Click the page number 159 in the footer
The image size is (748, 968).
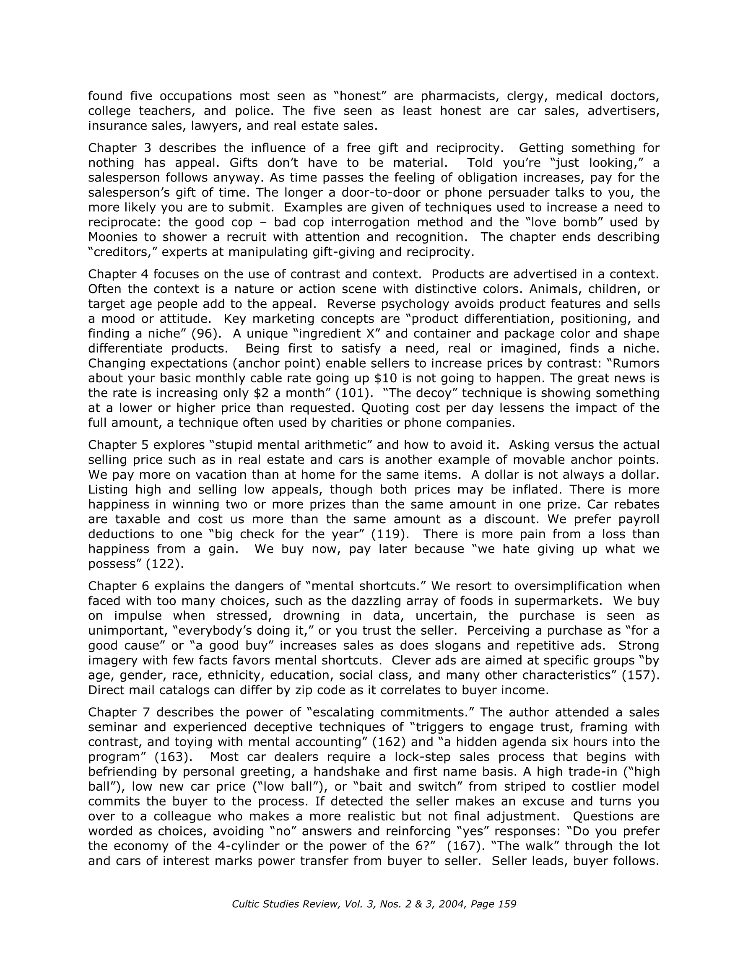tap(507, 904)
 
